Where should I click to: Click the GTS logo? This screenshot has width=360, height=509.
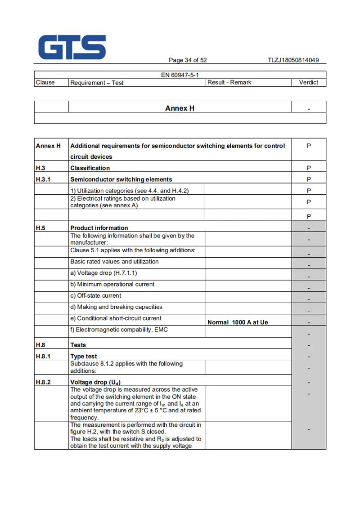(x=72, y=47)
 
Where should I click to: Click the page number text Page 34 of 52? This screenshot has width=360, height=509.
(x=188, y=60)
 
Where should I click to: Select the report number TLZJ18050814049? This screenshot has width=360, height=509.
(x=293, y=60)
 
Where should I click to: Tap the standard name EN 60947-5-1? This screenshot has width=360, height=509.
(x=180, y=75)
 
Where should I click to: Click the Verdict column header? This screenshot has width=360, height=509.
(x=308, y=82)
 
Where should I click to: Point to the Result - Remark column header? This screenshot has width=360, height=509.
(x=229, y=82)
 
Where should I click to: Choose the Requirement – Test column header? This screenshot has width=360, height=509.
(x=97, y=83)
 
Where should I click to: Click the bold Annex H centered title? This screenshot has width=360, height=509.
(x=180, y=108)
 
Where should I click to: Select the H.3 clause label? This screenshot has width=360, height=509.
(x=41, y=168)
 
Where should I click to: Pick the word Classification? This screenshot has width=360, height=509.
(x=90, y=168)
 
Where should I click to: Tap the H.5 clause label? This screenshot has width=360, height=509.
(x=40, y=228)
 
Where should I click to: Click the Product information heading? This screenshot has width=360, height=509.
(x=99, y=228)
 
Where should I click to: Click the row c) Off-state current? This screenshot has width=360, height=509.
(x=95, y=295)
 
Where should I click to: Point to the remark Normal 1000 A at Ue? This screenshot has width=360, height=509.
(x=238, y=322)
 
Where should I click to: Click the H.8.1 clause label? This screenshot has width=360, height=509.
(x=44, y=357)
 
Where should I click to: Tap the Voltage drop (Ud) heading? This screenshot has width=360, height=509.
(x=95, y=382)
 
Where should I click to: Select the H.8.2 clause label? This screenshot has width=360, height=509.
(x=44, y=382)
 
